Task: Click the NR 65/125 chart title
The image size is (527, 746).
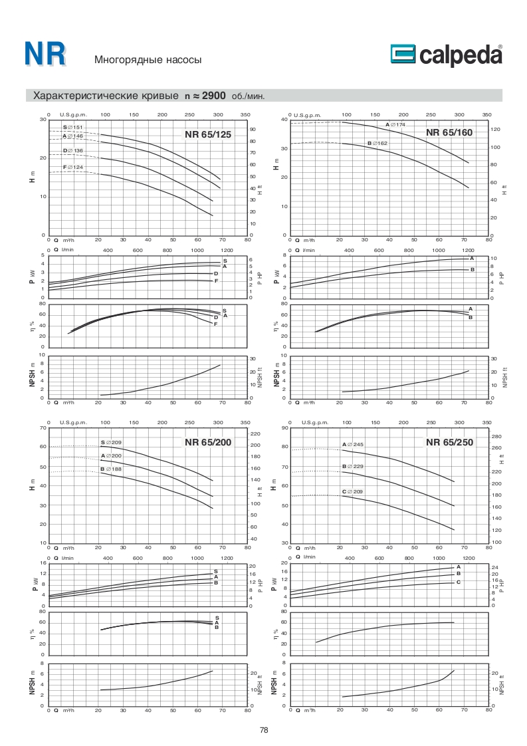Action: pos(208,134)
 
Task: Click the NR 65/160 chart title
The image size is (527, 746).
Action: pos(449,132)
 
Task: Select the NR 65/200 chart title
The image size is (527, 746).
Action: pos(208,442)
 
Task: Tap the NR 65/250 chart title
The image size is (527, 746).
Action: pos(449,442)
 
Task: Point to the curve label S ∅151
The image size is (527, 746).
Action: pos(72,127)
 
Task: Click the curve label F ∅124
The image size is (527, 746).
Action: pos(72,167)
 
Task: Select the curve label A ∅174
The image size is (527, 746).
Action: pos(395,125)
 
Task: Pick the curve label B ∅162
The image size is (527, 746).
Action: pos(377,144)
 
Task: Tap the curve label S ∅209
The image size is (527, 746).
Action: pos(110,442)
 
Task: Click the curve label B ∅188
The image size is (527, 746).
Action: pos(110,469)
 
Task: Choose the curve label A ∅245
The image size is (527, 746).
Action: pos(353,443)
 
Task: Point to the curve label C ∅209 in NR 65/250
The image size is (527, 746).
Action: pos(353,491)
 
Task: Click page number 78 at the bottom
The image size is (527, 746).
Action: pos(264,730)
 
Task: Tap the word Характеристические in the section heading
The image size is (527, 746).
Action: pos(87,96)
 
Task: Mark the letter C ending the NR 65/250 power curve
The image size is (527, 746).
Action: pos(459,582)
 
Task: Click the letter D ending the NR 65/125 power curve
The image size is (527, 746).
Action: pos(216,273)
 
